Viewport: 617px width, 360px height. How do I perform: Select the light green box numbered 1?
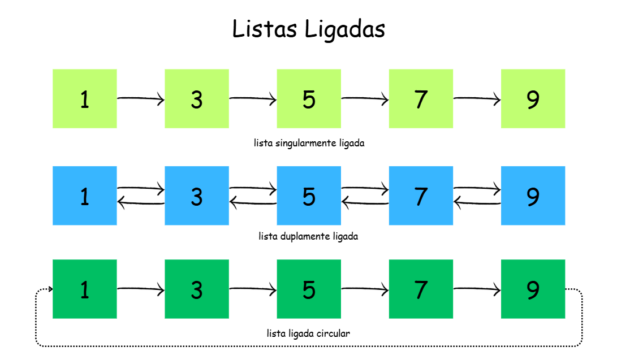85,99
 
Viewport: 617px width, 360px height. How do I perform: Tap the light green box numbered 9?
533,99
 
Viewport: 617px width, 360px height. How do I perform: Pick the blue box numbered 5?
309,196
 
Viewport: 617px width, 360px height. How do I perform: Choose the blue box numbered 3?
197,196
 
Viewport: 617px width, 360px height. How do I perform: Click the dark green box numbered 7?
421,289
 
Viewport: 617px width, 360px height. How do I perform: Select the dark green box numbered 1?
85,289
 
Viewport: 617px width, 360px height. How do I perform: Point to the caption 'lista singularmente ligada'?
309,143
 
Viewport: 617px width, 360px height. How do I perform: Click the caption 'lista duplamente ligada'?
308,236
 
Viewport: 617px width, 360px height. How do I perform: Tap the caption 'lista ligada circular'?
308,333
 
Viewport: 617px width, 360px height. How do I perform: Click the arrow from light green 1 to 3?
140,99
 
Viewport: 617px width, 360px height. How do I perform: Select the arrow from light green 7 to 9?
477,99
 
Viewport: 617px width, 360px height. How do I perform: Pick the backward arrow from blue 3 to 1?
140,202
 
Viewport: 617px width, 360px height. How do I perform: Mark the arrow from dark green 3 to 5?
253,289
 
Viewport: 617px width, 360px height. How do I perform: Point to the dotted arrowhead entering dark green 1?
50,289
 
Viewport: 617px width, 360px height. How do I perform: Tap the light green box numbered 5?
309,99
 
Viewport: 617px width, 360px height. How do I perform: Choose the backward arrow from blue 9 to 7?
477,202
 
